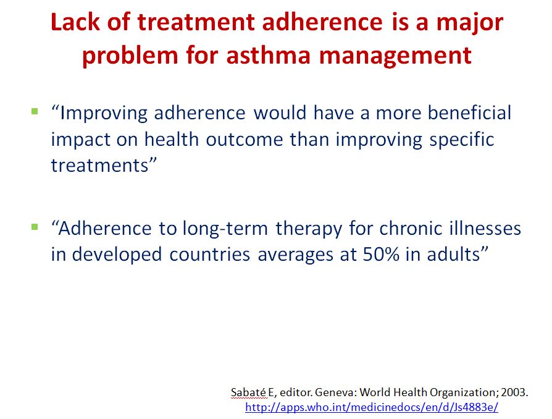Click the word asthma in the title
[268, 56]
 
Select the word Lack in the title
[75, 22]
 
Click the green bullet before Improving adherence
[35, 112]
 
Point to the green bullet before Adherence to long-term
[35, 227]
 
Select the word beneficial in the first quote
[469, 112]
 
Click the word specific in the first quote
[462, 140]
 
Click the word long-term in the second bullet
[225, 229]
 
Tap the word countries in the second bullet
[210, 254]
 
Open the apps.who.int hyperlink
[372, 407]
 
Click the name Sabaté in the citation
[249, 392]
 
